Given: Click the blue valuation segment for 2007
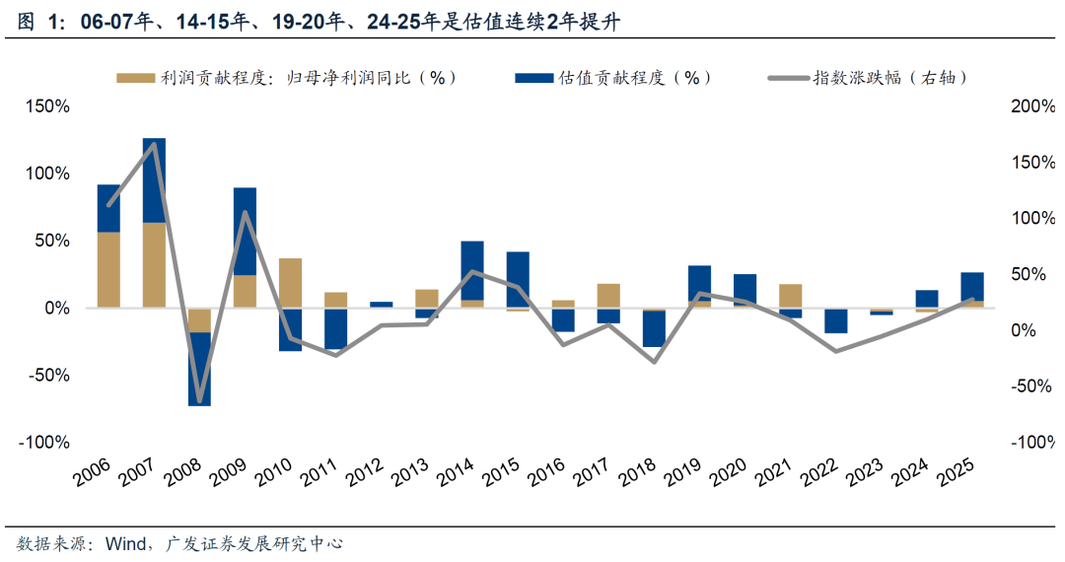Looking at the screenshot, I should tap(154, 180).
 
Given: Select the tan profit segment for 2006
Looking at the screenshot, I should tap(108, 270).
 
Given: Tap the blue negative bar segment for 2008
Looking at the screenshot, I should tap(199, 369).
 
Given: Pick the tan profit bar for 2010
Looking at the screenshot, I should tap(290, 283).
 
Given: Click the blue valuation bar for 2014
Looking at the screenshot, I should tap(472, 270).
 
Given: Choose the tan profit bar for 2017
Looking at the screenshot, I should tap(608, 296).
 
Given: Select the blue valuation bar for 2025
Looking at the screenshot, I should tap(972, 286).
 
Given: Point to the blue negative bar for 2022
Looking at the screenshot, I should tap(836, 320).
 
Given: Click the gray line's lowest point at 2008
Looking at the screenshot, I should tap(199, 401).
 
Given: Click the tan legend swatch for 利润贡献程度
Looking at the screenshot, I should tap(135, 78).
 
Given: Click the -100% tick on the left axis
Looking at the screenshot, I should tap(44, 443).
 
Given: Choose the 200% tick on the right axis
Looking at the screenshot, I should tap(1032, 106).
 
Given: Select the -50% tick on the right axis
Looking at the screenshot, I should tap(1032, 386).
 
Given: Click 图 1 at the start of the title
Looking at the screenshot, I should tap(37, 23).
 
